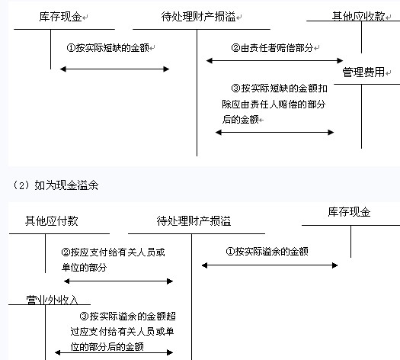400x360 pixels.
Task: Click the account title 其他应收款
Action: pos(358,16)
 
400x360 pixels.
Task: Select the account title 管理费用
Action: pos(363,72)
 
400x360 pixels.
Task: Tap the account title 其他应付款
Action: pos(52,221)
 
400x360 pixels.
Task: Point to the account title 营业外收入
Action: pos(52,300)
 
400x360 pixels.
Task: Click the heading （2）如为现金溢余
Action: pos(55,185)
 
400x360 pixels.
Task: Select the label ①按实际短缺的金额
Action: pos(107,48)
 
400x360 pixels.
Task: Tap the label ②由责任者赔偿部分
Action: pos(272,48)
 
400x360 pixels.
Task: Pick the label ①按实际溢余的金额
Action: pos(267,252)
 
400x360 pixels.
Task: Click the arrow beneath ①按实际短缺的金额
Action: pos(114,69)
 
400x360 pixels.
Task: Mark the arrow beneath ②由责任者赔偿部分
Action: pos(274,61)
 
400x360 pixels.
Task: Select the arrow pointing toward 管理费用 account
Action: pos(275,132)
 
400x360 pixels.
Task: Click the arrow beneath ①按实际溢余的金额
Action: pos(270,265)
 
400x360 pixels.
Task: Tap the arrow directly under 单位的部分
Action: pos(119,281)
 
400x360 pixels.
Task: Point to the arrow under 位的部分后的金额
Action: pos(114,353)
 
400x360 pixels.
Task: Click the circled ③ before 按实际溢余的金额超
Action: pos(84,317)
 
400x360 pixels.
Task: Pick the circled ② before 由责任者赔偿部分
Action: pos(235,48)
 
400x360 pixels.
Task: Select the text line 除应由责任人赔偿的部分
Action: pos(274,104)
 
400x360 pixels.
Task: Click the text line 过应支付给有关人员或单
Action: pos(122,332)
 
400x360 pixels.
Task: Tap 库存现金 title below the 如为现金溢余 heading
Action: pos(349,212)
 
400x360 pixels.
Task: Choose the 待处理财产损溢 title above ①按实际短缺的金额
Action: pos(198,17)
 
